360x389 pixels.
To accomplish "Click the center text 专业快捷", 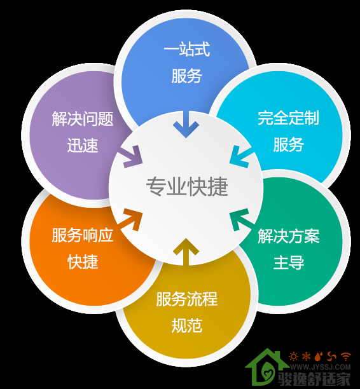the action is (187, 187).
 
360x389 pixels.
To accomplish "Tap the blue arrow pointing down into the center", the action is (186, 125).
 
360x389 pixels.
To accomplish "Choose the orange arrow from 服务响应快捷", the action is (130, 219).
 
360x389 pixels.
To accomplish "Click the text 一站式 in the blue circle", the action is (187, 49).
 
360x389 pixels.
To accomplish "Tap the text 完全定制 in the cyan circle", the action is (288, 118).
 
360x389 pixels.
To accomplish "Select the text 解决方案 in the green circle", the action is (289, 236).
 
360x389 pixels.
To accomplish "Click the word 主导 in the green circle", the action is (289, 263).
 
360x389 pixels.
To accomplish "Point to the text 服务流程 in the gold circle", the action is (187, 299).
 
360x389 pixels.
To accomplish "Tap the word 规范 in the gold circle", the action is (187, 325).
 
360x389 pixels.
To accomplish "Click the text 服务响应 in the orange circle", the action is (83, 235).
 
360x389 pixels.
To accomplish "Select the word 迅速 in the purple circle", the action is (83, 145).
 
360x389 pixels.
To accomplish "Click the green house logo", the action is (266, 369).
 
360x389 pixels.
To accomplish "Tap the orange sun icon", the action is (294, 357).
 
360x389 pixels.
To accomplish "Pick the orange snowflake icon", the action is (307, 357).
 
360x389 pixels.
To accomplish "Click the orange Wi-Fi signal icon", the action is (345, 357).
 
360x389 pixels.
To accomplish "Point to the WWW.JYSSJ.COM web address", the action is (321, 367).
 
